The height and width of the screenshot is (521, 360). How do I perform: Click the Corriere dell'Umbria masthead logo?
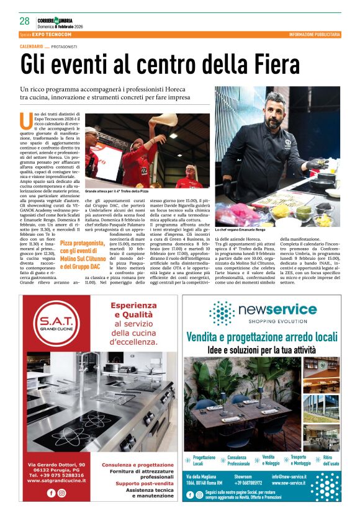[59, 20]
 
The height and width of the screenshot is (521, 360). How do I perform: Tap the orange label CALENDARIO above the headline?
[31, 47]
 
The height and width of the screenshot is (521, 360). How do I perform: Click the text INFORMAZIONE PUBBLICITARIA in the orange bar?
[314, 34]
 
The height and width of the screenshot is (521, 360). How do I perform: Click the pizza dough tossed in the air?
[163, 119]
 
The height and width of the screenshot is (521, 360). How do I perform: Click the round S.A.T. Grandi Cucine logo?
[56, 324]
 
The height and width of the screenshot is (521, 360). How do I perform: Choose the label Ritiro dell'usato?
[331, 460]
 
